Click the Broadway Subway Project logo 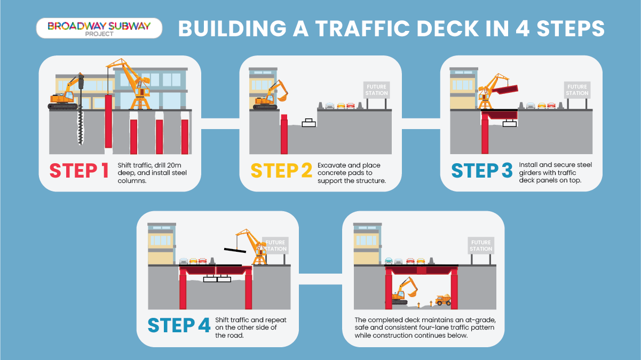tap(99, 28)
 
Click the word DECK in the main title tap(456, 28)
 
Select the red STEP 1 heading tap(79, 171)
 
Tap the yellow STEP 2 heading tap(281, 171)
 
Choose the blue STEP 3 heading tap(482, 171)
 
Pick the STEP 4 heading tap(179, 325)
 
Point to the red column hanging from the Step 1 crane tap(108, 122)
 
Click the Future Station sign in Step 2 tap(376, 90)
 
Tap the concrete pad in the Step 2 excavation tap(309, 123)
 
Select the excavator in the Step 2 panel tap(270, 95)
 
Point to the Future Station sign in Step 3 tap(577, 90)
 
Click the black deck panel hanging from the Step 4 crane tap(235, 251)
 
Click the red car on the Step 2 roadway tap(351, 106)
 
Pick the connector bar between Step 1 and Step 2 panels tap(220, 124)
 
